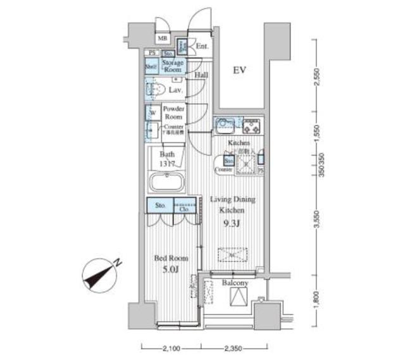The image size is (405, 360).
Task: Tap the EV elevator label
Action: [238, 70]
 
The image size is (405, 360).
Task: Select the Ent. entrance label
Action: [202, 47]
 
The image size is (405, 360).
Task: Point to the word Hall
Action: [202, 75]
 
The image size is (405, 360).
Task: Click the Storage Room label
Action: [173, 66]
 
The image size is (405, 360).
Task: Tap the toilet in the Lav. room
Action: [152, 90]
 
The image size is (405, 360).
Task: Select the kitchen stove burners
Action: [252, 126]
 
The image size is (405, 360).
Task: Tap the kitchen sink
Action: [223, 125]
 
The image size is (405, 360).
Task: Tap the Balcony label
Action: [235, 283]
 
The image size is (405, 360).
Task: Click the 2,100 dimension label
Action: [171, 347]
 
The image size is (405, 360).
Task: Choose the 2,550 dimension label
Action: [317, 75]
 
